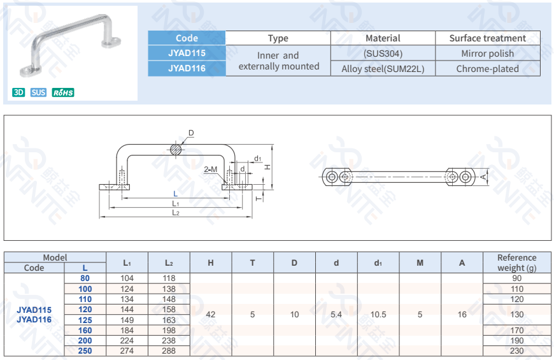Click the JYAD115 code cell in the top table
tap(187, 54)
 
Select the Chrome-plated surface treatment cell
tap(487, 69)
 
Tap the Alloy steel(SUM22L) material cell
tap(383, 69)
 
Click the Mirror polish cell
tap(487, 54)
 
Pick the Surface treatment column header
tap(487, 38)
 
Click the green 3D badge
tap(18, 92)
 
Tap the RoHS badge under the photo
tap(63, 92)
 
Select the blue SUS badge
tap(38, 92)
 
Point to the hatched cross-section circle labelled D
tap(176, 149)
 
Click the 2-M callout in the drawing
tap(211, 169)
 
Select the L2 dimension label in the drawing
tap(175, 213)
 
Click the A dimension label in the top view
tap(483, 176)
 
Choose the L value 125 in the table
tap(85, 320)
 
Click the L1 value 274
tap(127, 350)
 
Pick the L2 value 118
tap(169, 278)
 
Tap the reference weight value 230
tap(516, 350)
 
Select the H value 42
tap(211, 315)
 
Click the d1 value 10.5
tap(378, 315)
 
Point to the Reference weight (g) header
tap(516, 263)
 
